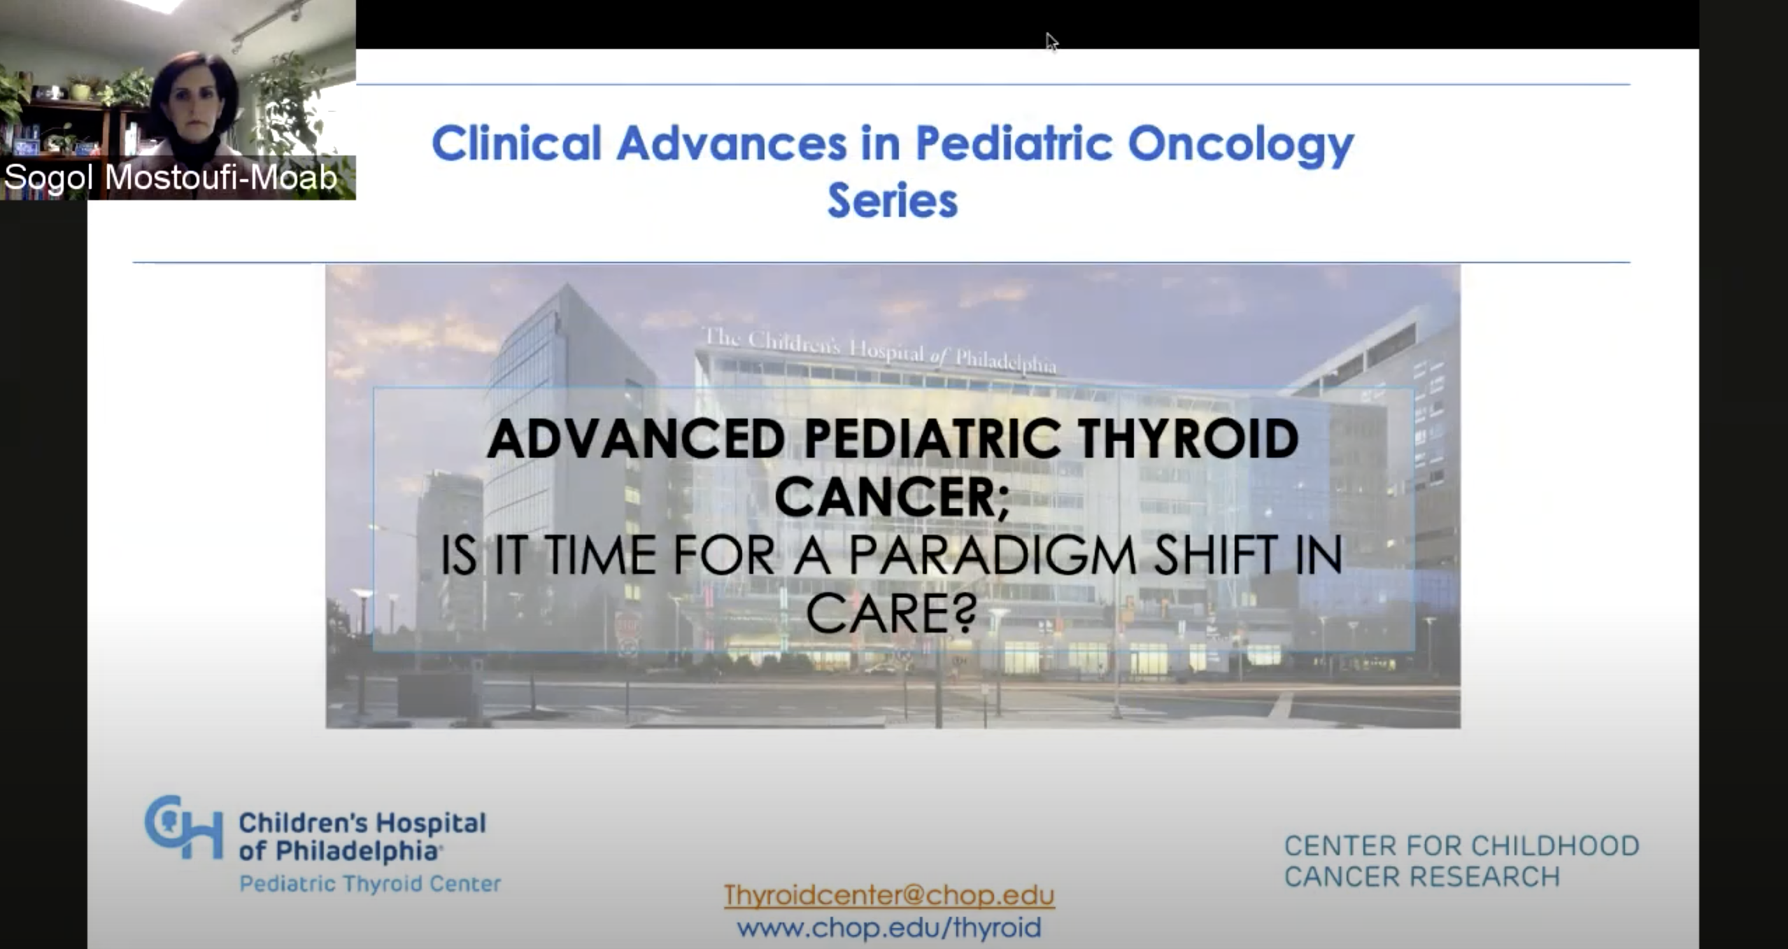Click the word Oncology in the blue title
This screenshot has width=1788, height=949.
click(1241, 145)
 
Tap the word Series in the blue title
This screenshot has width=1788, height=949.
click(893, 201)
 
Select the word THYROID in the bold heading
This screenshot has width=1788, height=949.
click(1188, 439)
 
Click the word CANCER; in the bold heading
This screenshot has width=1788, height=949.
click(893, 498)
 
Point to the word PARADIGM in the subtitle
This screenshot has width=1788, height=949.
click(993, 556)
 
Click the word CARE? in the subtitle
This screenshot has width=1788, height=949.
click(892, 613)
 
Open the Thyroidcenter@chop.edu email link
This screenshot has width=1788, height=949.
click(889, 895)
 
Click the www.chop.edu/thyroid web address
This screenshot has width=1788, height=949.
click(889, 928)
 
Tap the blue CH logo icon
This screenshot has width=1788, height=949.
click(184, 827)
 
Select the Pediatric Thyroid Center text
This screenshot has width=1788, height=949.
click(370, 884)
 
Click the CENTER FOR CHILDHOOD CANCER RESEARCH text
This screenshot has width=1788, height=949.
click(1462, 861)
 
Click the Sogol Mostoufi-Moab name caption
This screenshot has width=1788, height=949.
click(171, 177)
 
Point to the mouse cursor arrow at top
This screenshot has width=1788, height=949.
click(1051, 42)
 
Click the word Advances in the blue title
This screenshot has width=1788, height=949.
click(732, 143)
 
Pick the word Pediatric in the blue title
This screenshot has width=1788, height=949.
click(1014, 143)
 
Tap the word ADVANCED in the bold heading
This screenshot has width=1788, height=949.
click(636, 439)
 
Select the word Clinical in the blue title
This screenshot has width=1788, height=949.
click(517, 143)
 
